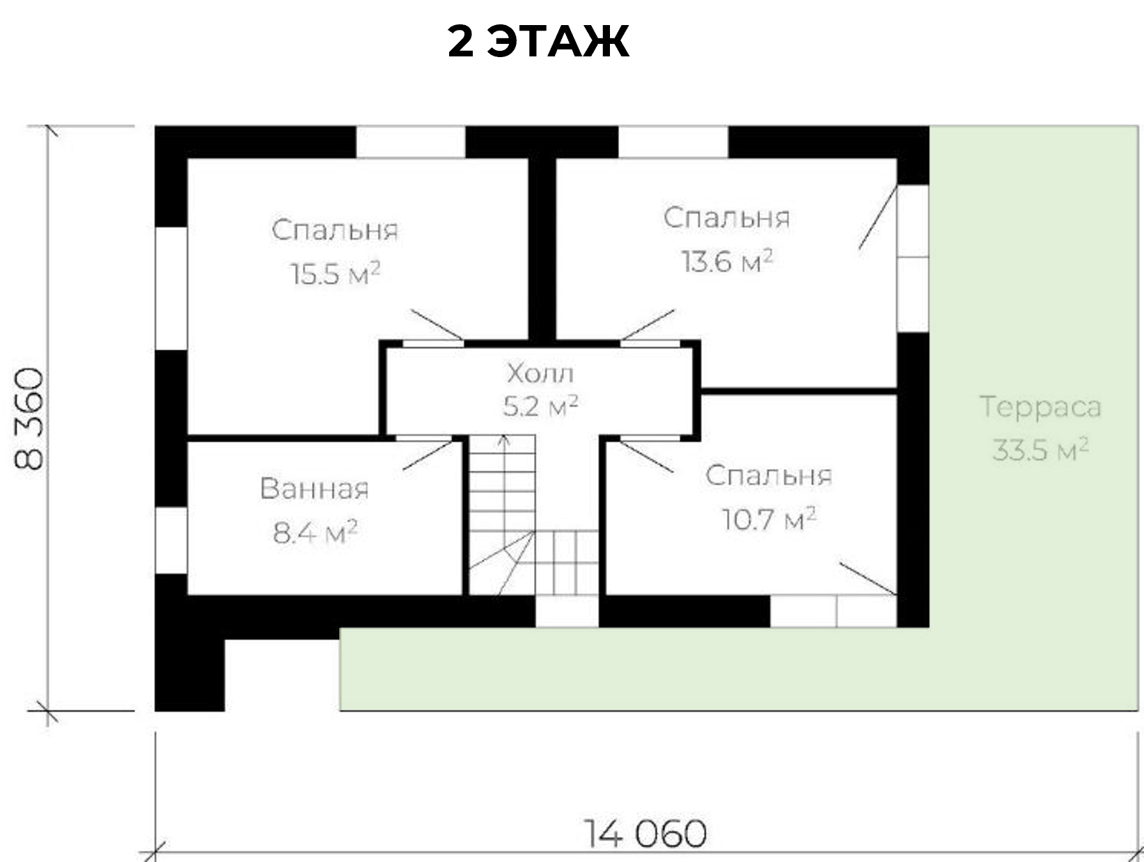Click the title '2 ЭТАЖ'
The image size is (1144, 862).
538,41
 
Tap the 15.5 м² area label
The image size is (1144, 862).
336,273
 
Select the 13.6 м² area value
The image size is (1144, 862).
727,260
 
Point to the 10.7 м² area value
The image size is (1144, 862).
769,519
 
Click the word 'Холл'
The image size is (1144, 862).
540,373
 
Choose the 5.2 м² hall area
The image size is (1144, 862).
540,406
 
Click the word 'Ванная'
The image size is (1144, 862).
314,489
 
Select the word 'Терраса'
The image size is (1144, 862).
1040,407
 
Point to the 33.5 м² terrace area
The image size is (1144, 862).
1040,450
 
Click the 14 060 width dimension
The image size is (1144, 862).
645,833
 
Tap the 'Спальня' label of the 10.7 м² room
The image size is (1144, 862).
769,476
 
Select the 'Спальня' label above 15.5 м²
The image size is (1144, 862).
335,230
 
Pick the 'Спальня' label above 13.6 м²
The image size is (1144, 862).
727,217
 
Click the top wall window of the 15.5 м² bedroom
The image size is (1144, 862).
411,142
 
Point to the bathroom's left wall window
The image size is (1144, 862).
171,540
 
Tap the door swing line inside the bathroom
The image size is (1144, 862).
428,455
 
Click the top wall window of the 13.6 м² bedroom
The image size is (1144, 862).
673,142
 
